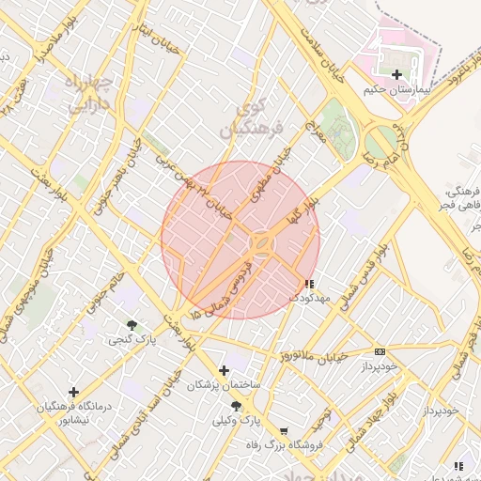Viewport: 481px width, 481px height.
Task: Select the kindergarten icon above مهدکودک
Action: (309, 283)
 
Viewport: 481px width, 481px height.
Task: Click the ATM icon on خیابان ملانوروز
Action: (380, 351)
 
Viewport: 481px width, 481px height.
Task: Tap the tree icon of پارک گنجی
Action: (131, 325)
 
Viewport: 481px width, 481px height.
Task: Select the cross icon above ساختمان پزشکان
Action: (224, 370)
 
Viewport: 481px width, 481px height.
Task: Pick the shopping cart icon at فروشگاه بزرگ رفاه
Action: (284, 431)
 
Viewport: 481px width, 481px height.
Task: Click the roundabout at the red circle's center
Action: (260, 244)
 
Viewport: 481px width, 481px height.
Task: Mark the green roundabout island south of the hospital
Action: (380, 145)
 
